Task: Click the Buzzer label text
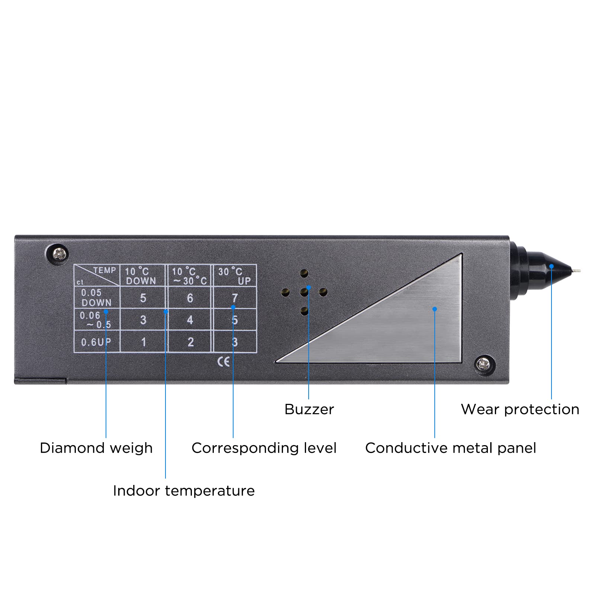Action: tap(309, 409)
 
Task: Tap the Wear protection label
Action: tap(520, 409)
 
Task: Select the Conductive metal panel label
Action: tap(450, 448)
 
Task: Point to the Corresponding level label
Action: tap(264, 448)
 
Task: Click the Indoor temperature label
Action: tap(184, 491)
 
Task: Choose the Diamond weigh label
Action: tap(96, 448)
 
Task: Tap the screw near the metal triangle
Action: tap(484, 363)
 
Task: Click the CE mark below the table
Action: tap(223, 361)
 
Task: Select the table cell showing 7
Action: tap(235, 297)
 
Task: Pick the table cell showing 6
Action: tap(190, 297)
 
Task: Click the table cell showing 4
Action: tap(190, 320)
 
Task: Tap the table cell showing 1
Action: tap(144, 342)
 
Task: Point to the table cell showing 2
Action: tap(190, 342)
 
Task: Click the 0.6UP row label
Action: tap(96, 342)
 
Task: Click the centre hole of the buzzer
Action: tap(304, 292)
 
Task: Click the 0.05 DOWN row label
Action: tap(96, 297)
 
